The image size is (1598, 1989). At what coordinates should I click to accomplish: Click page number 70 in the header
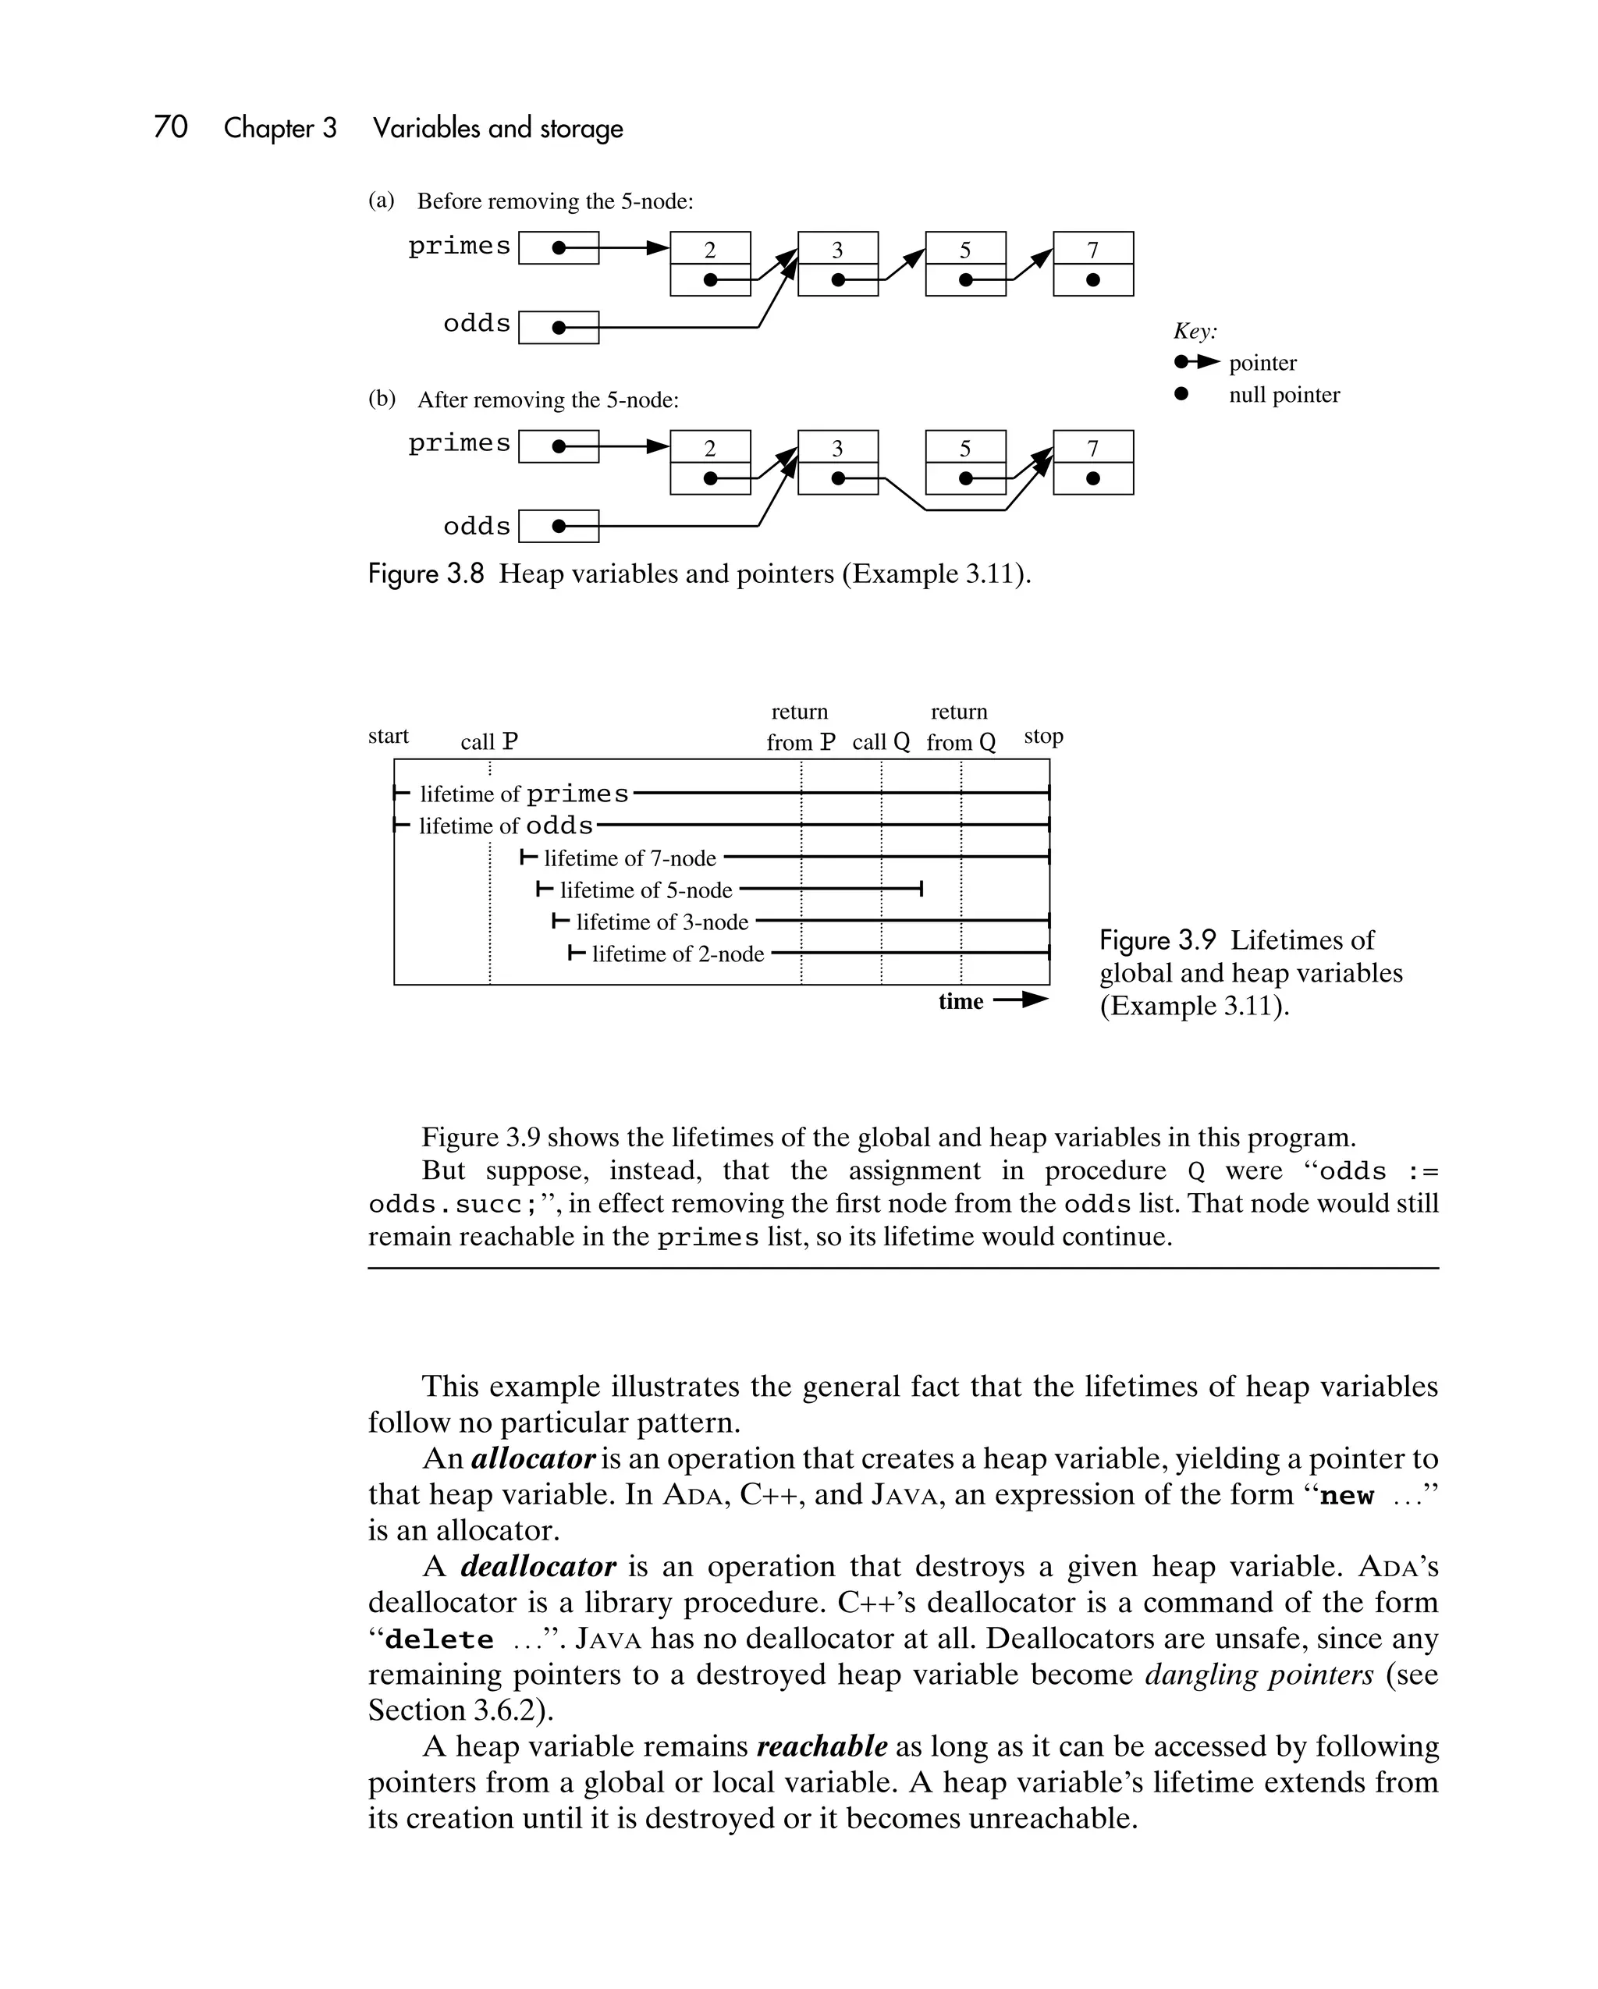click(171, 127)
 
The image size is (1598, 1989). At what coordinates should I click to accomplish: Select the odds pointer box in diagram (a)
click(558, 328)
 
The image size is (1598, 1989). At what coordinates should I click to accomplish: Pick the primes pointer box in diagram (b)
click(558, 446)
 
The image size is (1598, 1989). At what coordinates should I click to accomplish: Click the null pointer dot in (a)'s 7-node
click(1092, 279)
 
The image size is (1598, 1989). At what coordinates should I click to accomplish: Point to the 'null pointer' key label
click(1284, 395)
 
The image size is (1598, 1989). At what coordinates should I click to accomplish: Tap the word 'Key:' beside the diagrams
click(1195, 331)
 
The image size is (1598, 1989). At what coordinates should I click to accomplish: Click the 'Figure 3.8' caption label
click(425, 574)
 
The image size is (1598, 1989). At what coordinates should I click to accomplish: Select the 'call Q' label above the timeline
click(880, 742)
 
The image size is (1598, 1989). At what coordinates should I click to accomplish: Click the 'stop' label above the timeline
click(1043, 736)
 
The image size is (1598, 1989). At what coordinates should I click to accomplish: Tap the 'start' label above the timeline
click(388, 736)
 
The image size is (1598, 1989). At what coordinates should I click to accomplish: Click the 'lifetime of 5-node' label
click(646, 890)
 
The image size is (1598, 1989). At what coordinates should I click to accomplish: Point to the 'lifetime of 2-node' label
click(677, 954)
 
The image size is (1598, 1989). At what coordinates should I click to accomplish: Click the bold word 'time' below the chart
click(961, 1002)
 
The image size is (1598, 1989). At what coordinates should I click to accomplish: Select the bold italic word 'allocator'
click(532, 1458)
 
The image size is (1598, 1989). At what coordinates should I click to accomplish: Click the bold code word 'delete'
click(439, 1639)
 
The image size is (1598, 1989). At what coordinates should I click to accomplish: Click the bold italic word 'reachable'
click(821, 1746)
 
